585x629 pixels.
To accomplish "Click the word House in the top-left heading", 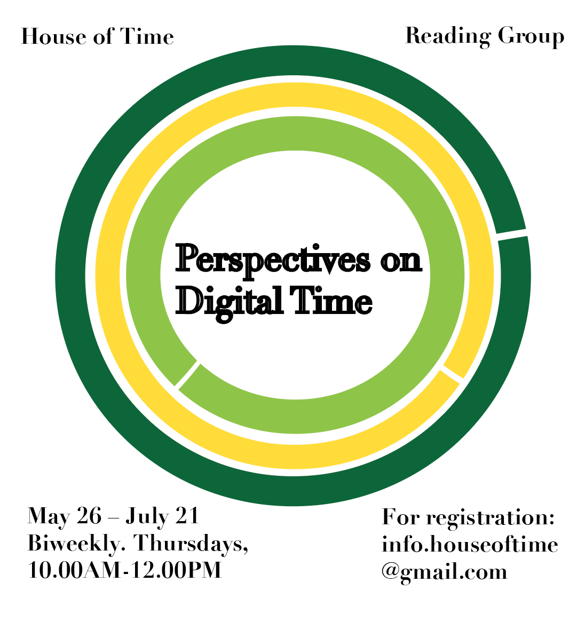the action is [54, 36].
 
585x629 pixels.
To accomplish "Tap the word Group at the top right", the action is [531, 36].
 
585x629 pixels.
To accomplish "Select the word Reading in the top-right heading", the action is [448, 36].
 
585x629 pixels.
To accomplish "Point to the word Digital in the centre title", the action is [230, 302].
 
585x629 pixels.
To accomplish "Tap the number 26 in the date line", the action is [89, 516].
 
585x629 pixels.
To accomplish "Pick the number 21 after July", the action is [187, 516].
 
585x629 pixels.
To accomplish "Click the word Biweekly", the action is [76, 544].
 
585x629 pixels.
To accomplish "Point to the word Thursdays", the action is [191, 544].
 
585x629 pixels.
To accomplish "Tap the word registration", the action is [491, 518].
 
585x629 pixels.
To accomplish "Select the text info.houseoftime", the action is [470, 544].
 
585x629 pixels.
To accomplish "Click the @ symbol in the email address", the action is [390, 572].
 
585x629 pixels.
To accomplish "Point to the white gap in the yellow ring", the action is [452, 373].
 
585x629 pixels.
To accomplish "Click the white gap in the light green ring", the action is [187, 373].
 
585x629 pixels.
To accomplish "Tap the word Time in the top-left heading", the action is [147, 36].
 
